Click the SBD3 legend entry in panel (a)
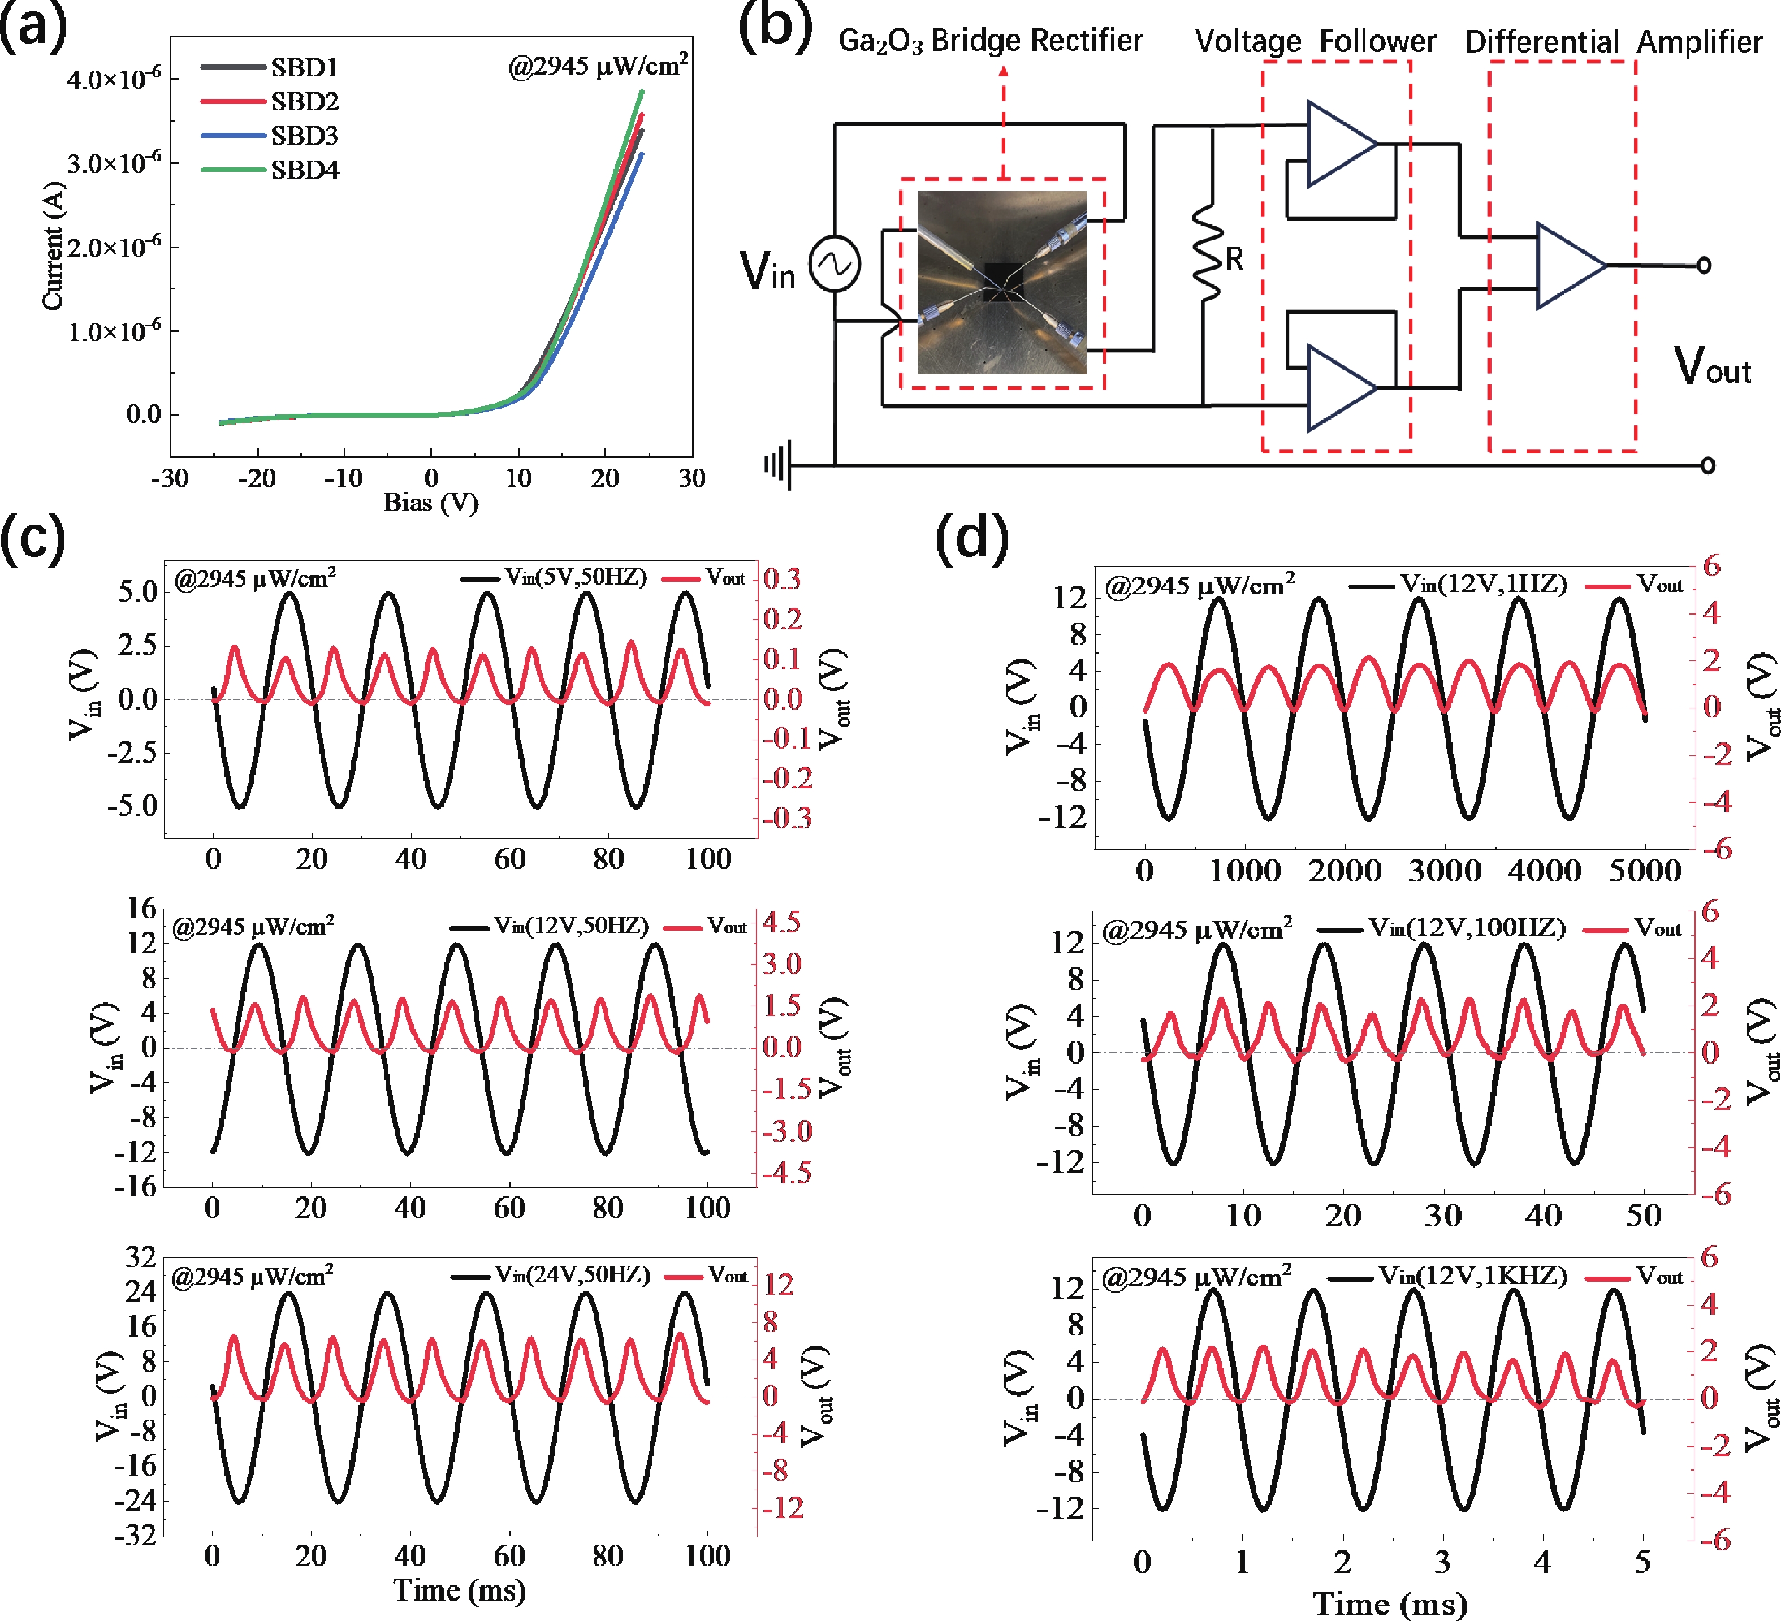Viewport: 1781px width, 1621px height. pyautogui.click(x=304, y=135)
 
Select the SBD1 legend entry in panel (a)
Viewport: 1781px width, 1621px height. pyautogui.click(x=304, y=67)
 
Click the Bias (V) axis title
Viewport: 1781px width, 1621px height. pyautogui.click(x=430, y=503)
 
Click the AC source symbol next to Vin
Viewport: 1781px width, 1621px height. pyautogui.click(x=835, y=264)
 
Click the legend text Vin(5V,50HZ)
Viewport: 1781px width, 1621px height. pyautogui.click(x=576, y=578)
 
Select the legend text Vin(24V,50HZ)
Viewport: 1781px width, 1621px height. pyautogui.click(x=572, y=1275)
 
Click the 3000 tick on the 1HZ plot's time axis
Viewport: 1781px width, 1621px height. pyautogui.click(x=1445, y=871)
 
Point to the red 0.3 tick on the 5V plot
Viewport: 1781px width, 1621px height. pyautogui.click(x=782, y=580)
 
